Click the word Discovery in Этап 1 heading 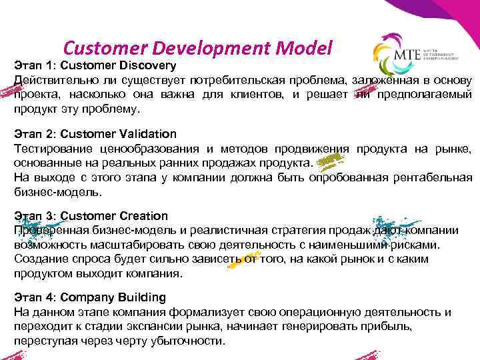(145, 65)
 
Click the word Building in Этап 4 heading (139, 297)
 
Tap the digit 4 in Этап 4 (47, 297)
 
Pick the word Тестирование (48, 149)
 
